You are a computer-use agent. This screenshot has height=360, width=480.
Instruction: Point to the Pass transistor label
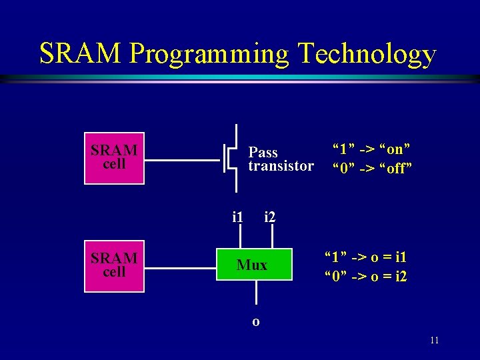[x=280, y=159]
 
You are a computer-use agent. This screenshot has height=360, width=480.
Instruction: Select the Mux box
[x=253, y=265]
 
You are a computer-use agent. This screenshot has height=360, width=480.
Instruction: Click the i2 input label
[x=271, y=217]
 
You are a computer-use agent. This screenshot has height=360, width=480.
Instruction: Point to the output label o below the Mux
[x=256, y=321]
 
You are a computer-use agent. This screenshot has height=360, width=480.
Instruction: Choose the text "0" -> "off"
[x=373, y=168]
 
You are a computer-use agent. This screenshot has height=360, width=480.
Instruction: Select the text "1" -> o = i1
[x=365, y=257]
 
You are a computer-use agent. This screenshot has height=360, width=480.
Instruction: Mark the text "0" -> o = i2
[x=365, y=276]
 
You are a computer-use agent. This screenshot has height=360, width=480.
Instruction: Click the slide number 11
[x=434, y=341]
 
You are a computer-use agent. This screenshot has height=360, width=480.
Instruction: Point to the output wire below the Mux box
[x=256, y=297]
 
